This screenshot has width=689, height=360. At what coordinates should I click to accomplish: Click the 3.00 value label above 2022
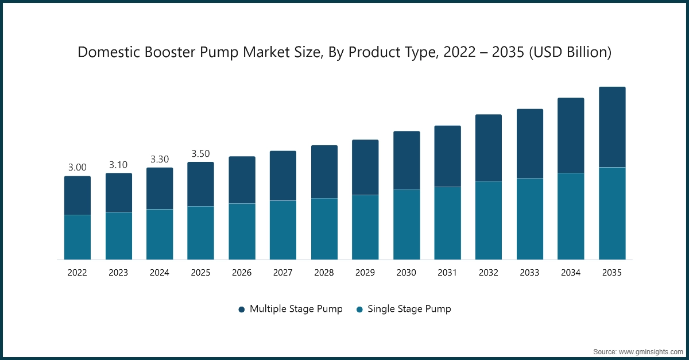pyautogui.click(x=77, y=168)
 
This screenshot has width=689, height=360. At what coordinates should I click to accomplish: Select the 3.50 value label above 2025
pyautogui.click(x=200, y=153)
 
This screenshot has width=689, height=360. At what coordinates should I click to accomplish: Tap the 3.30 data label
pyautogui.click(x=159, y=159)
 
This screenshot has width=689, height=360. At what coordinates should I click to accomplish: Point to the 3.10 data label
pyautogui.click(x=118, y=165)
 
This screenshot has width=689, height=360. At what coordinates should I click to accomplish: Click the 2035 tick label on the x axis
pyautogui.click(x=611, y=273)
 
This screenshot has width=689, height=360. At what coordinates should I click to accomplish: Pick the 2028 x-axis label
pyautogui.click(x=324, y=273)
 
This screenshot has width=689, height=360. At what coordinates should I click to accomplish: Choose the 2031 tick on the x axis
pyautogui.click(x=447, y=273)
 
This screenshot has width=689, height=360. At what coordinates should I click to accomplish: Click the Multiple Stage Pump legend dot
pyautogui.click(x=242, y=309)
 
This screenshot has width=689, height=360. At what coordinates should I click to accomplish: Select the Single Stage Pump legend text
pyautogui.click(x=409, y=309)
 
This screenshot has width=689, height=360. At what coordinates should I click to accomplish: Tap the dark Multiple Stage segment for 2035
pyautogui.click(x=611, y=127)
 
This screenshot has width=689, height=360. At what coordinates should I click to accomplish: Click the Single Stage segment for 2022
pyautogui.click(x=77, y=237)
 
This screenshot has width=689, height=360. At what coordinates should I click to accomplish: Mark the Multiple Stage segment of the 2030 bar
pyautogui.click(x=406, y=160)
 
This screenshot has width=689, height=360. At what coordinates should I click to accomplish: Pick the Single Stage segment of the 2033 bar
pyautogui.click(x=529, y=219)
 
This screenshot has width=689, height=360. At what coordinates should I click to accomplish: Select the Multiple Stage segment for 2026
pyautogui.click(x=242, y=180)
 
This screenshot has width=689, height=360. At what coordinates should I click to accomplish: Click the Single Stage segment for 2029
pyautogui.click(x=365, y=227)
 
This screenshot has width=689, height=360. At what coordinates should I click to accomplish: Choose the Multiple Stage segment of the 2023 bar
pyautogui.click(x=118, y=192)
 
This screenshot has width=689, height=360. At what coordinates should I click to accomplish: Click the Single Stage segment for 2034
pyautogui.click(x=571, y=216)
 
